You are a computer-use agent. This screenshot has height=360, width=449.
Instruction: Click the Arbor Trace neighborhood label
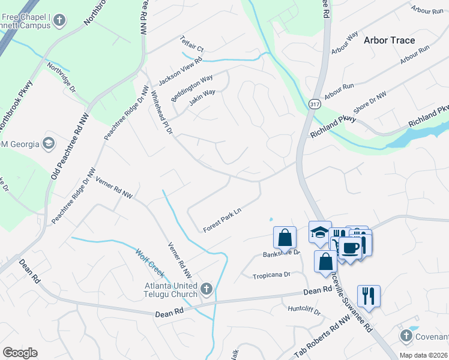389,40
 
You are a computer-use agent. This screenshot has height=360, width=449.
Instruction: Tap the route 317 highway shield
315,104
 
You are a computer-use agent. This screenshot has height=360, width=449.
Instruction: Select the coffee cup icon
351,247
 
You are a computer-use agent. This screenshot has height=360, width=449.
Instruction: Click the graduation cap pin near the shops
320,232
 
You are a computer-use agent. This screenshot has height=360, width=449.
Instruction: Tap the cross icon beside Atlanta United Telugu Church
206,289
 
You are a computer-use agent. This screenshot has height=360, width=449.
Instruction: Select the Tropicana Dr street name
271,274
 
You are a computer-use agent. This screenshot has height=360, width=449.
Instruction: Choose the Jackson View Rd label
180,71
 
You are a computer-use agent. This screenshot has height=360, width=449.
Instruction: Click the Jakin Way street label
202,97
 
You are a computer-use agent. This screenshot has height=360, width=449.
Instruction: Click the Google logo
20,353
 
